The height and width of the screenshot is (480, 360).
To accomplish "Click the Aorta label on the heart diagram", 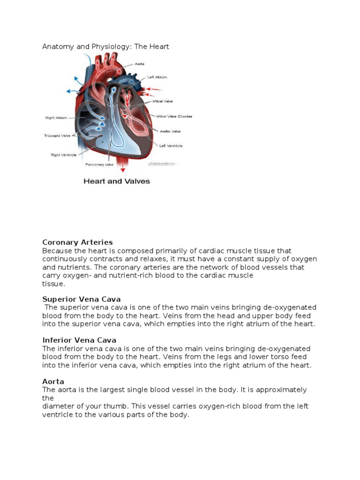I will (x=140, y=64).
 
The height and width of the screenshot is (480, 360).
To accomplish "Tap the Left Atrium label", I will (x=157, y=77).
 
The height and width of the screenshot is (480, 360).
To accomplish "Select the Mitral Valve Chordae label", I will (x=174, y=116).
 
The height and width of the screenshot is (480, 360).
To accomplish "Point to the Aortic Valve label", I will (x=169, y=132).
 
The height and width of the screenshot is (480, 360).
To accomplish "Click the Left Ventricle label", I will (x=171, y=146).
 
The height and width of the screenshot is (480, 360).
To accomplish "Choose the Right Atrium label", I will (x=56, y=118).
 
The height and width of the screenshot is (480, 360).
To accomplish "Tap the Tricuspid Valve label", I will (x=57, y=136).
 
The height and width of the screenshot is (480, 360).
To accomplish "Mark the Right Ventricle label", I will (x=63, y=154).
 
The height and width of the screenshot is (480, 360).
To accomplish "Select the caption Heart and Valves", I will (x=117, y=181).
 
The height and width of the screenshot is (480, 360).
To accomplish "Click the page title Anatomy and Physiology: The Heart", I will (x=105, y=46).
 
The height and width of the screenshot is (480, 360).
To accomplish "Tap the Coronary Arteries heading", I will (x=77, y=242).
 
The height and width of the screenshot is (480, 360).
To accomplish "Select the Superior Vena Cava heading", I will (x=81, y=299).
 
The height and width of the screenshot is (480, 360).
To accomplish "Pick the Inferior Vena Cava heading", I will (x=79, y=340).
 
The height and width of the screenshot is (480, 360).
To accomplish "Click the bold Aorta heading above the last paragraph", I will (x=53, y=382).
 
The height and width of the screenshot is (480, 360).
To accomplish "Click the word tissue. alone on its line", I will (x=54, y=284).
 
